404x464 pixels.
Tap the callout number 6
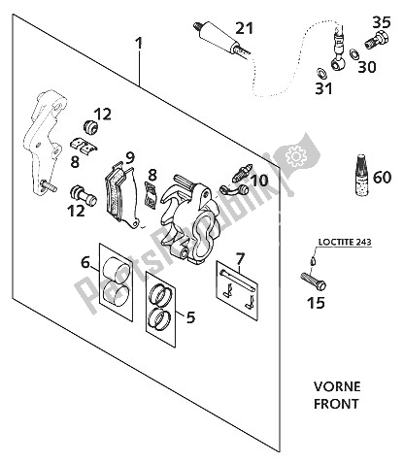[85, 262]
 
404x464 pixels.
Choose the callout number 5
[188, 315]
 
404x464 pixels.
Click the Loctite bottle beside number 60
[355, 175]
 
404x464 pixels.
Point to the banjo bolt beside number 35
[371, 41]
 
